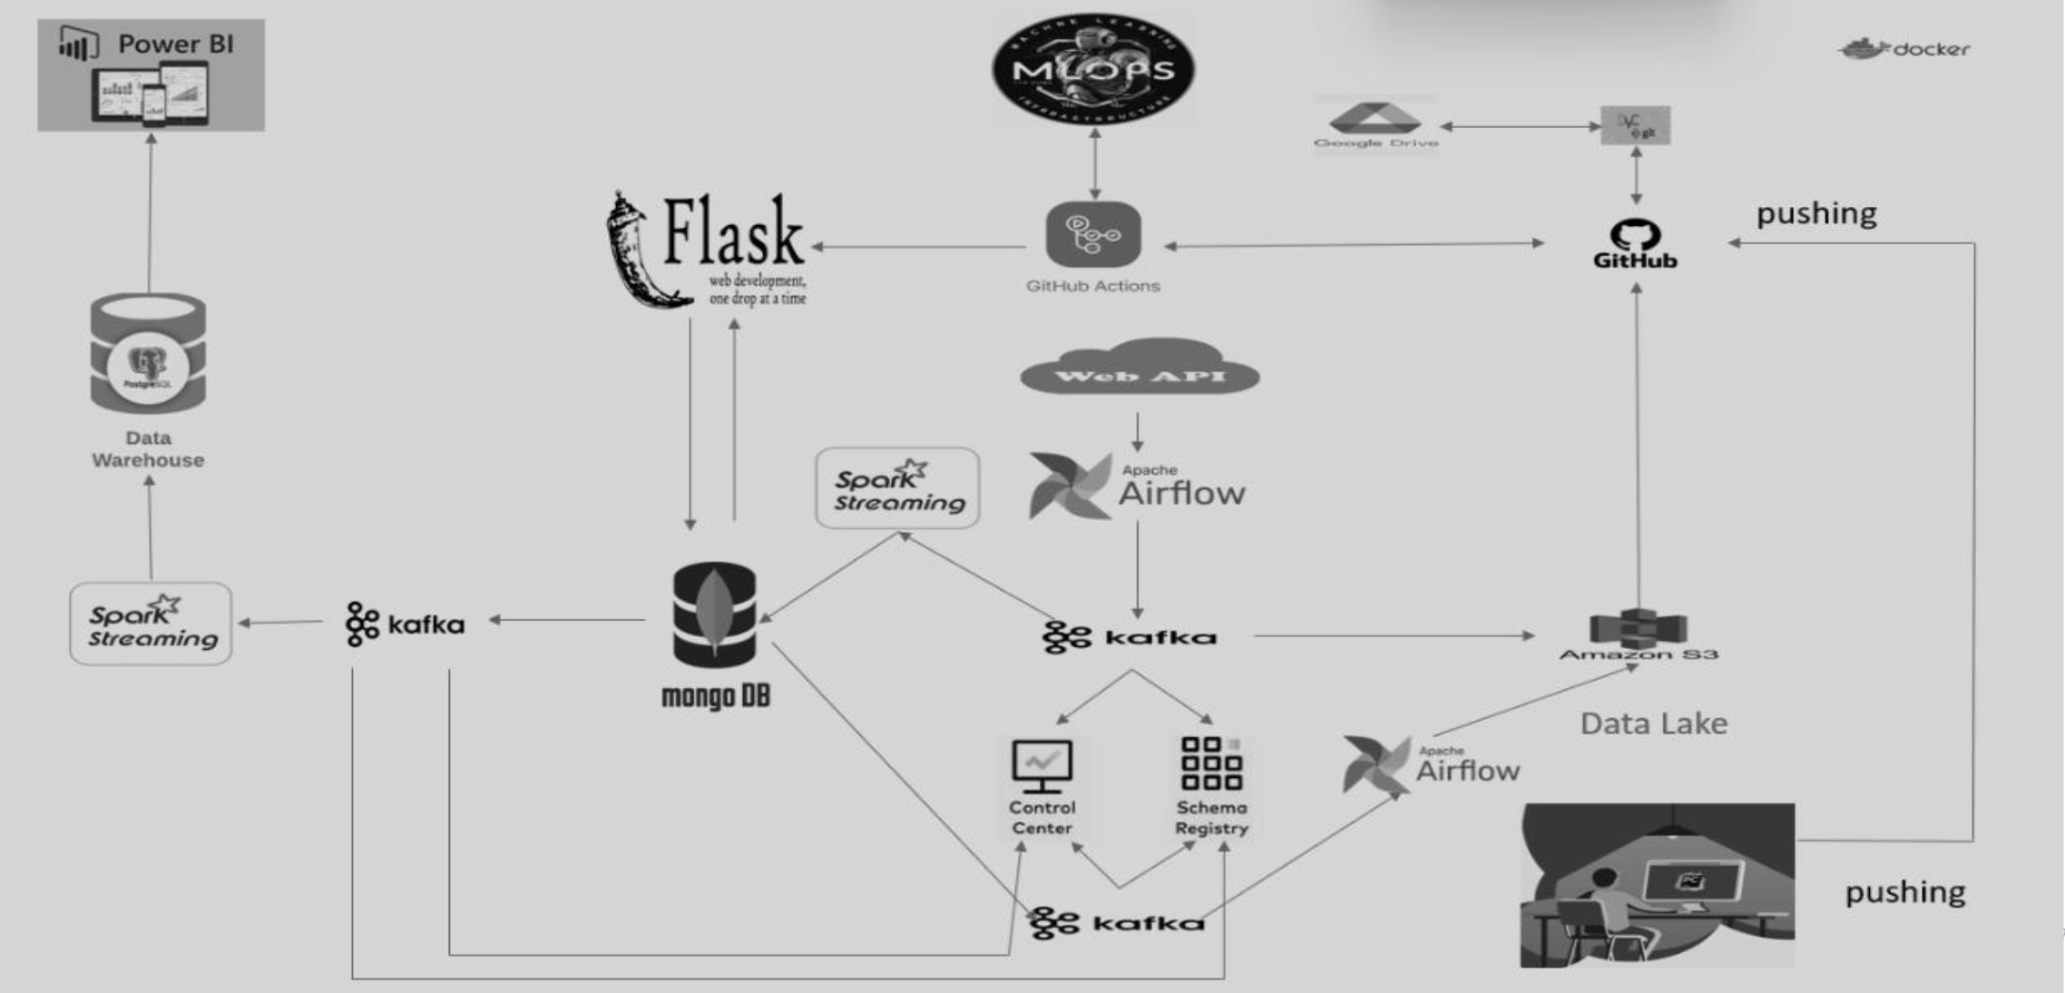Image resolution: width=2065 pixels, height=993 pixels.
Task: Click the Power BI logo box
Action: click(151, 75)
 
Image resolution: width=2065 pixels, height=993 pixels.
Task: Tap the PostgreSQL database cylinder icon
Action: click(148, 354)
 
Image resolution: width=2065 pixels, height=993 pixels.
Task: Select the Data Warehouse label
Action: click(148, 448)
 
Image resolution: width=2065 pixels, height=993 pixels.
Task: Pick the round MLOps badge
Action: click(1093, 69)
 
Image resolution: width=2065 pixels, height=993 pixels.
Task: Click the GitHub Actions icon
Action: click(1092, 235)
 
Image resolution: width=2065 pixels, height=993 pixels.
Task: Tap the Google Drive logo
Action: click(1375, 123)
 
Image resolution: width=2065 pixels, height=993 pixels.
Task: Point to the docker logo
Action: click(1904, 49)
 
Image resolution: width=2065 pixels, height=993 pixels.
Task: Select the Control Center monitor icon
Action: click(1042, 766)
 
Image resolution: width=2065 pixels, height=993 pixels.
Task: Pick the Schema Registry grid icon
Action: click(1211, 763)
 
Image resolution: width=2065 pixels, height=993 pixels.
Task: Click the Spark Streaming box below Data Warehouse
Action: click(151, 624)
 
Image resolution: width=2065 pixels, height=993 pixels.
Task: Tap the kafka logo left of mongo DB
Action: click(405, 624)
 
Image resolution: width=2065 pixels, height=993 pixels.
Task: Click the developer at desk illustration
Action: click(1657, 885)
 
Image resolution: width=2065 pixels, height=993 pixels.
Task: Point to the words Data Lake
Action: click(1653, 723)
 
